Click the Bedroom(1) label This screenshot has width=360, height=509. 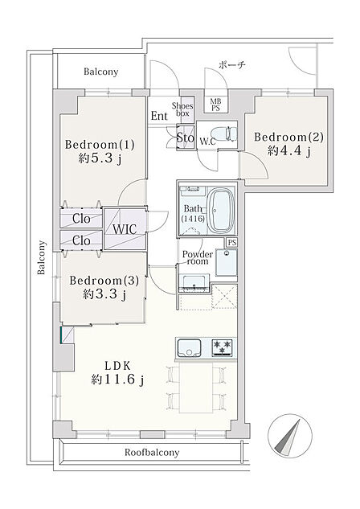(100, 145)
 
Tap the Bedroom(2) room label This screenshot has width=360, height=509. (288, 137)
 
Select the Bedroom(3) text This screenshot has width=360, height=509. (104, 281)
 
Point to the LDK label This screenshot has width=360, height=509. (117, 366)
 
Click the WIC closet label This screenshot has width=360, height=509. (125, 229)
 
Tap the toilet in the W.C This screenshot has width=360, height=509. (224, 133)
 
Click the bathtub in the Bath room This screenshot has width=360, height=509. (221, 211)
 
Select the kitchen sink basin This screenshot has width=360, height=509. (188, 347)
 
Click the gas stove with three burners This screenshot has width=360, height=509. (223, 347)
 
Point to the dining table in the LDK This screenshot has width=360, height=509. (196, 388)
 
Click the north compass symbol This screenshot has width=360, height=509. (290, 436)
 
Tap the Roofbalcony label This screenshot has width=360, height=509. (152, 452)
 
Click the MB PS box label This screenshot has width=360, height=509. (215, 105)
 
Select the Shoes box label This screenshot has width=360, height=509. (182, 109)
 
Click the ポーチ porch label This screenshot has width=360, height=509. (232, 65)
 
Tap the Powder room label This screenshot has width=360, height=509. (198, 257)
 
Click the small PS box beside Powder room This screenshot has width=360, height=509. (231, 243)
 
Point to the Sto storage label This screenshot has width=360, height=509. (185, 138)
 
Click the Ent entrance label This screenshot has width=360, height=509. (159, 116)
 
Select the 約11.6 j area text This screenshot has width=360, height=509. (117, 380)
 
